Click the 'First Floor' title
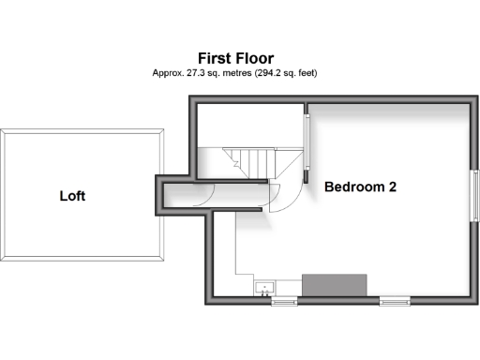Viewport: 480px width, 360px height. coord(235,57)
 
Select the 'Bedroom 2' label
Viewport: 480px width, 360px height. coord(360,187)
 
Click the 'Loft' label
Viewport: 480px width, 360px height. coord(73,196)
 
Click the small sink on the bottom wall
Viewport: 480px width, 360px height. coord(264,287)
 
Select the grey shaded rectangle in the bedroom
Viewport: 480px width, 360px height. coord(334,285)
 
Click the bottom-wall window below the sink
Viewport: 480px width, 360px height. coord(283,301)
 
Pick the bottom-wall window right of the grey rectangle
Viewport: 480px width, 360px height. coord(395,301)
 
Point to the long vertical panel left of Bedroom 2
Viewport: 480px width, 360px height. coord(306,142)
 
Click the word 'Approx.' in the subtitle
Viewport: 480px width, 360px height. coord(169,72)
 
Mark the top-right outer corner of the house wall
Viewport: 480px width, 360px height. coord(475,97)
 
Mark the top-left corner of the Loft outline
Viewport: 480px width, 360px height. coord(2,129)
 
